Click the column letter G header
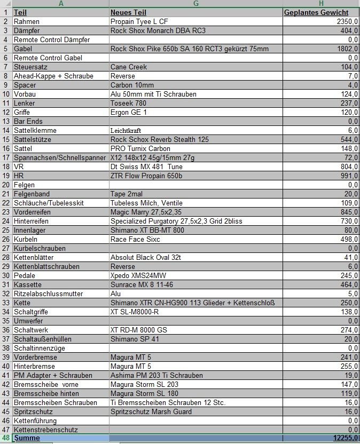[195, 3]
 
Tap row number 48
[5, 438]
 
